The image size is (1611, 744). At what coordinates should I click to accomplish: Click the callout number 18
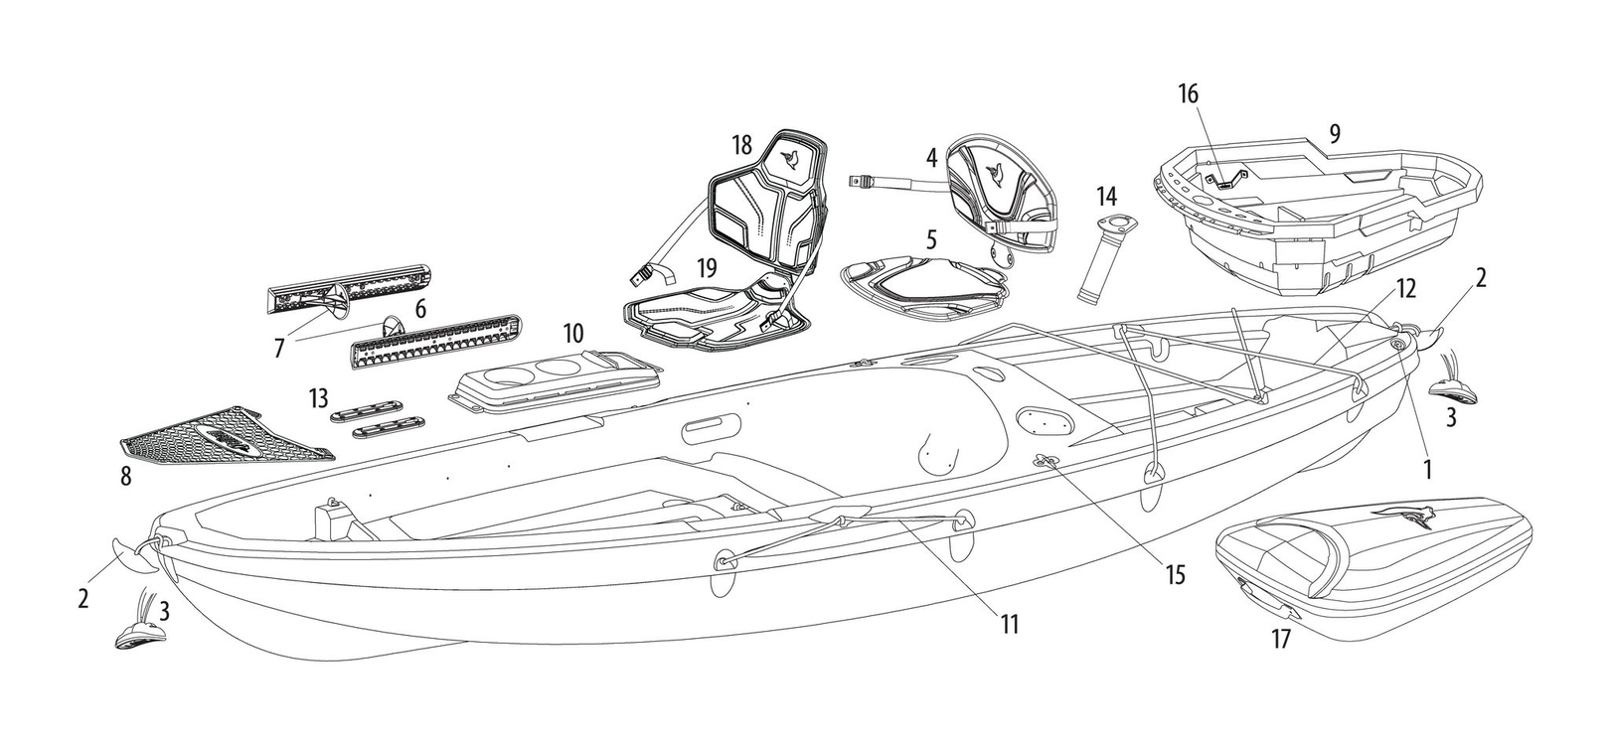coord(742,145)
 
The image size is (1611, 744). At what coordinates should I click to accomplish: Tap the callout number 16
coord(1189,94)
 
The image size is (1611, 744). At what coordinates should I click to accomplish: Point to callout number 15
coord(1175,574)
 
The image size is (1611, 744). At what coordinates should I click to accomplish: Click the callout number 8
coord(126,476)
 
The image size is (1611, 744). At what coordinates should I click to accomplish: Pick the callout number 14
coord(1107,195)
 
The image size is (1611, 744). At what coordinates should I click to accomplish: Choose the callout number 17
coord(1281,639)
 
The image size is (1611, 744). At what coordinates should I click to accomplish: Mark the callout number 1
coord(1427,470)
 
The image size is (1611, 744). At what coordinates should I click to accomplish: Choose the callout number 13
coord(319,397)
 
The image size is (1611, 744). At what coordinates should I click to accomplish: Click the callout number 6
coord(420,308)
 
